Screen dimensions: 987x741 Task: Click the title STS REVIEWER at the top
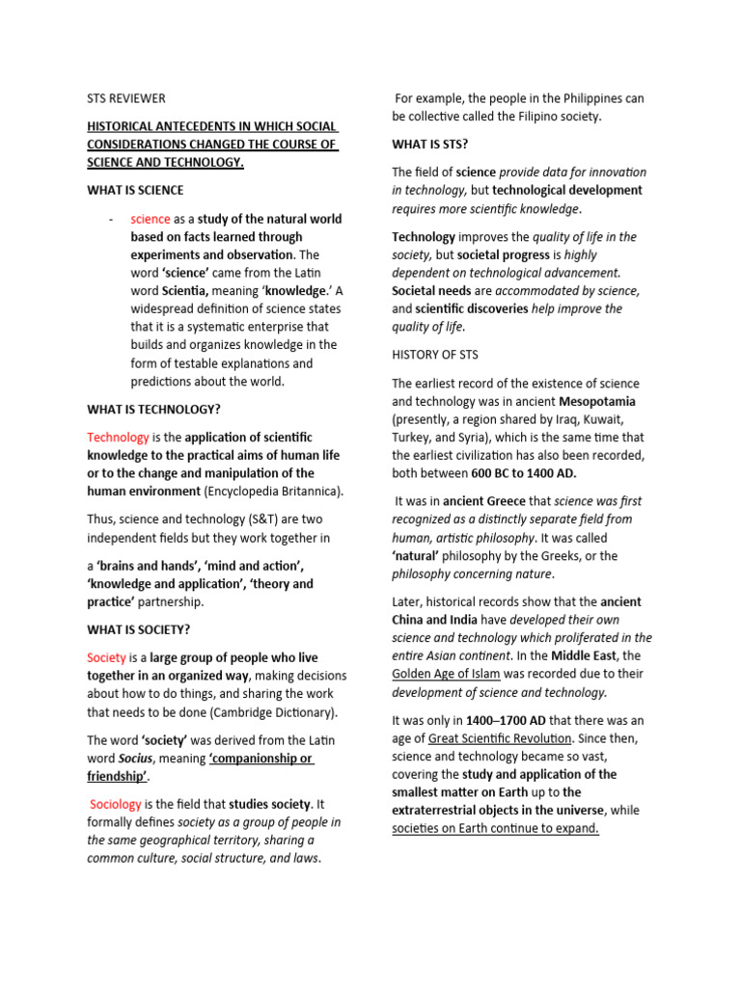[x=126, y=98]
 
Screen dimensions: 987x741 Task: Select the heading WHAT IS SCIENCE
[x=135, y=190]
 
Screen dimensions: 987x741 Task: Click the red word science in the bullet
[x=151, y=219]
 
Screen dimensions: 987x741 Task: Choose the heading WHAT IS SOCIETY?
[x=138, y=629]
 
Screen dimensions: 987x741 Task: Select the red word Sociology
[x=116, y=804]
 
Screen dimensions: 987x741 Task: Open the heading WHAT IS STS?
[x=429, y=144]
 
